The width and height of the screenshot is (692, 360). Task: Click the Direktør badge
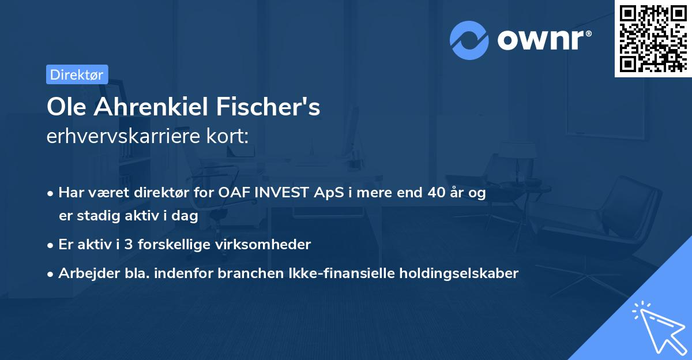click(77, 74)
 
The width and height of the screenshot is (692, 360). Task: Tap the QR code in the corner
click(652, 38)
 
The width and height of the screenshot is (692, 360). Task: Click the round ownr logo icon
click(469, 40)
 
